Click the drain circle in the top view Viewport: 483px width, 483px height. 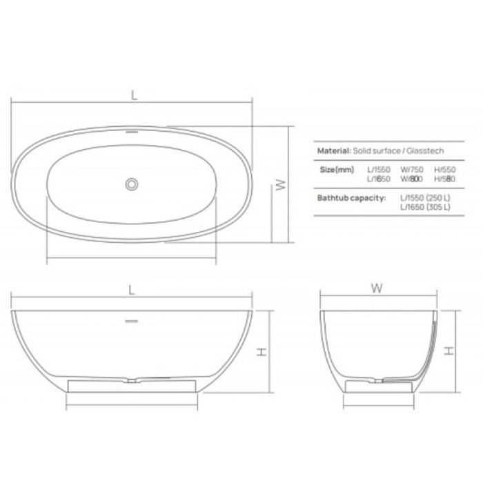coord(130,184)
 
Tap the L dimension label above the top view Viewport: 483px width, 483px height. coord(134,96)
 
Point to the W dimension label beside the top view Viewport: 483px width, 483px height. coord(281,184)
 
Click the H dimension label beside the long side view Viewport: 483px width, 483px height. coord(262,351)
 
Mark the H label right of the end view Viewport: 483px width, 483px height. coord(449,351)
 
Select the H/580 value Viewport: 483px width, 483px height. coord(445,179)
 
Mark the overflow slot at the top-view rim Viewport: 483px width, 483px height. coord(130,130)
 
